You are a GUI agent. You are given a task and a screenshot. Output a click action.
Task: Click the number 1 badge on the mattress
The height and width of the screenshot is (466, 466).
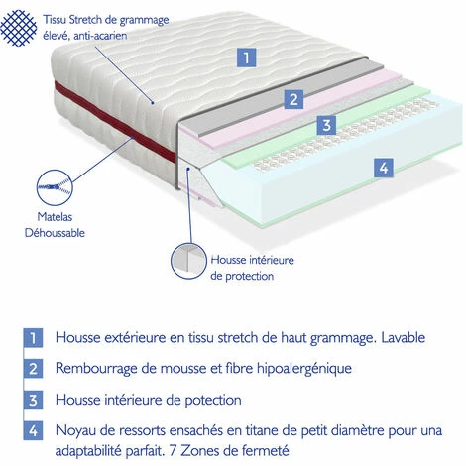tap(246, 58)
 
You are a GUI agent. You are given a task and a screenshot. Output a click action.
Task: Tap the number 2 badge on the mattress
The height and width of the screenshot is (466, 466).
tap(293, 99)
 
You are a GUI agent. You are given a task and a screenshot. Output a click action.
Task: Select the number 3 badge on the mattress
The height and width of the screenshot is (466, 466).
tap(326, 125)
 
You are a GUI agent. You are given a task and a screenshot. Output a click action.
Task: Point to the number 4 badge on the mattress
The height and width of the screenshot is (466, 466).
tap(384, 168)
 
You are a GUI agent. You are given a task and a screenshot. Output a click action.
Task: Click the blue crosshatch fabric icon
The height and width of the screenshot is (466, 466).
tap(18, 28)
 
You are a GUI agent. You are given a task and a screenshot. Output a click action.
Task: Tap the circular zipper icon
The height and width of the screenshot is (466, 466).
tap(55, 187)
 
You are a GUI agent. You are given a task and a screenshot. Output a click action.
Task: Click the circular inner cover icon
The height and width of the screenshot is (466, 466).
tap(188, 261)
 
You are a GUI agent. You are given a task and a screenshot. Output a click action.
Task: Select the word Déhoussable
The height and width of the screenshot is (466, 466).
tap(55, 233)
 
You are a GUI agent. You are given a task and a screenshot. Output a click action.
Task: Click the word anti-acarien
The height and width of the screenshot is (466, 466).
tap(100, 36)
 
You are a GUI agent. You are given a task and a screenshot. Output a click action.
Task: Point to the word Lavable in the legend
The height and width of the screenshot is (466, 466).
tap(404, 337)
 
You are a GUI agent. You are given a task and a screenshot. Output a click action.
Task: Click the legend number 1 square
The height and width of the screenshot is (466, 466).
tap(33, 338)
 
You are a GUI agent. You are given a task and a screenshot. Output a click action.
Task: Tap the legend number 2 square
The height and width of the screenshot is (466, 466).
tap(33, 368)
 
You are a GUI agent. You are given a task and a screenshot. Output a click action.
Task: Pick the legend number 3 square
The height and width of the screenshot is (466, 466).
tap(33, 400)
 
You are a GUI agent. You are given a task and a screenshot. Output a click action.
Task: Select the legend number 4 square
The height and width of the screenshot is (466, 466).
tap(33, 430)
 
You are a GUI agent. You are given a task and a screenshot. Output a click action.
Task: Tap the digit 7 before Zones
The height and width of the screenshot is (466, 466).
tap(173, 450)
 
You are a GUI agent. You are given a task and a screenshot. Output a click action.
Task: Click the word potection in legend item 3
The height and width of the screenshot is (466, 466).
tap(213, 401)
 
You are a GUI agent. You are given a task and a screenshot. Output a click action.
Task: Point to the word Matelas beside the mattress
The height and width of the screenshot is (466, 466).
tap(55, 217)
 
